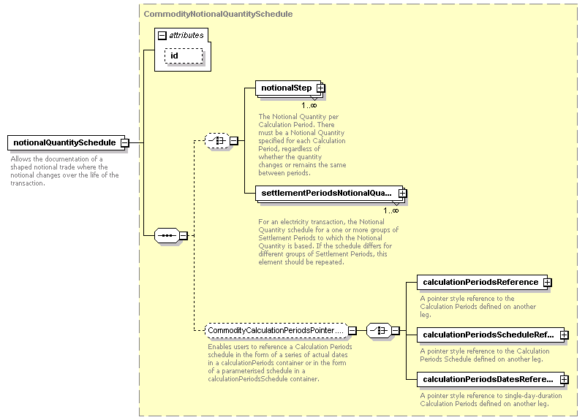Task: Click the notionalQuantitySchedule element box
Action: (x=67, y=142)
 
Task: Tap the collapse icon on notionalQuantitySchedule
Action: (x=125, y=142)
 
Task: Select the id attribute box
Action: (x=184, y=56)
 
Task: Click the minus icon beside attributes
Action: (x=162, y=35)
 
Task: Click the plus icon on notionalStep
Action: (x=320, y=88)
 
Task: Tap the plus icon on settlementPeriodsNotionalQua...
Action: (x=403, y=193)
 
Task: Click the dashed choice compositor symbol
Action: (x=217, y=141)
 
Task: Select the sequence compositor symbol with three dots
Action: (x=167, y=235)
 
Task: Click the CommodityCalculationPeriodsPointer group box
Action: (x=276, y=331)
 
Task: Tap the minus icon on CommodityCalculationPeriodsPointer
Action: (x=352, y=331)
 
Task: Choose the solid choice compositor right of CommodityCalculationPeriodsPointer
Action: (x=379, y=331)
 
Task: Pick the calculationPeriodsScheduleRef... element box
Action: (x=491, y=335)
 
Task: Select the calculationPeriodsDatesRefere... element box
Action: (x=491, y=379)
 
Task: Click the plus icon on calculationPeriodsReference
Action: (x=547, y=283)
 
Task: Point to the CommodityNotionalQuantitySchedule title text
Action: (x=218, y=14)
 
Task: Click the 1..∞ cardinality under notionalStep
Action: (x=309, y=105)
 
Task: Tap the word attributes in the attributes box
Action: (x=186, y=35)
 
